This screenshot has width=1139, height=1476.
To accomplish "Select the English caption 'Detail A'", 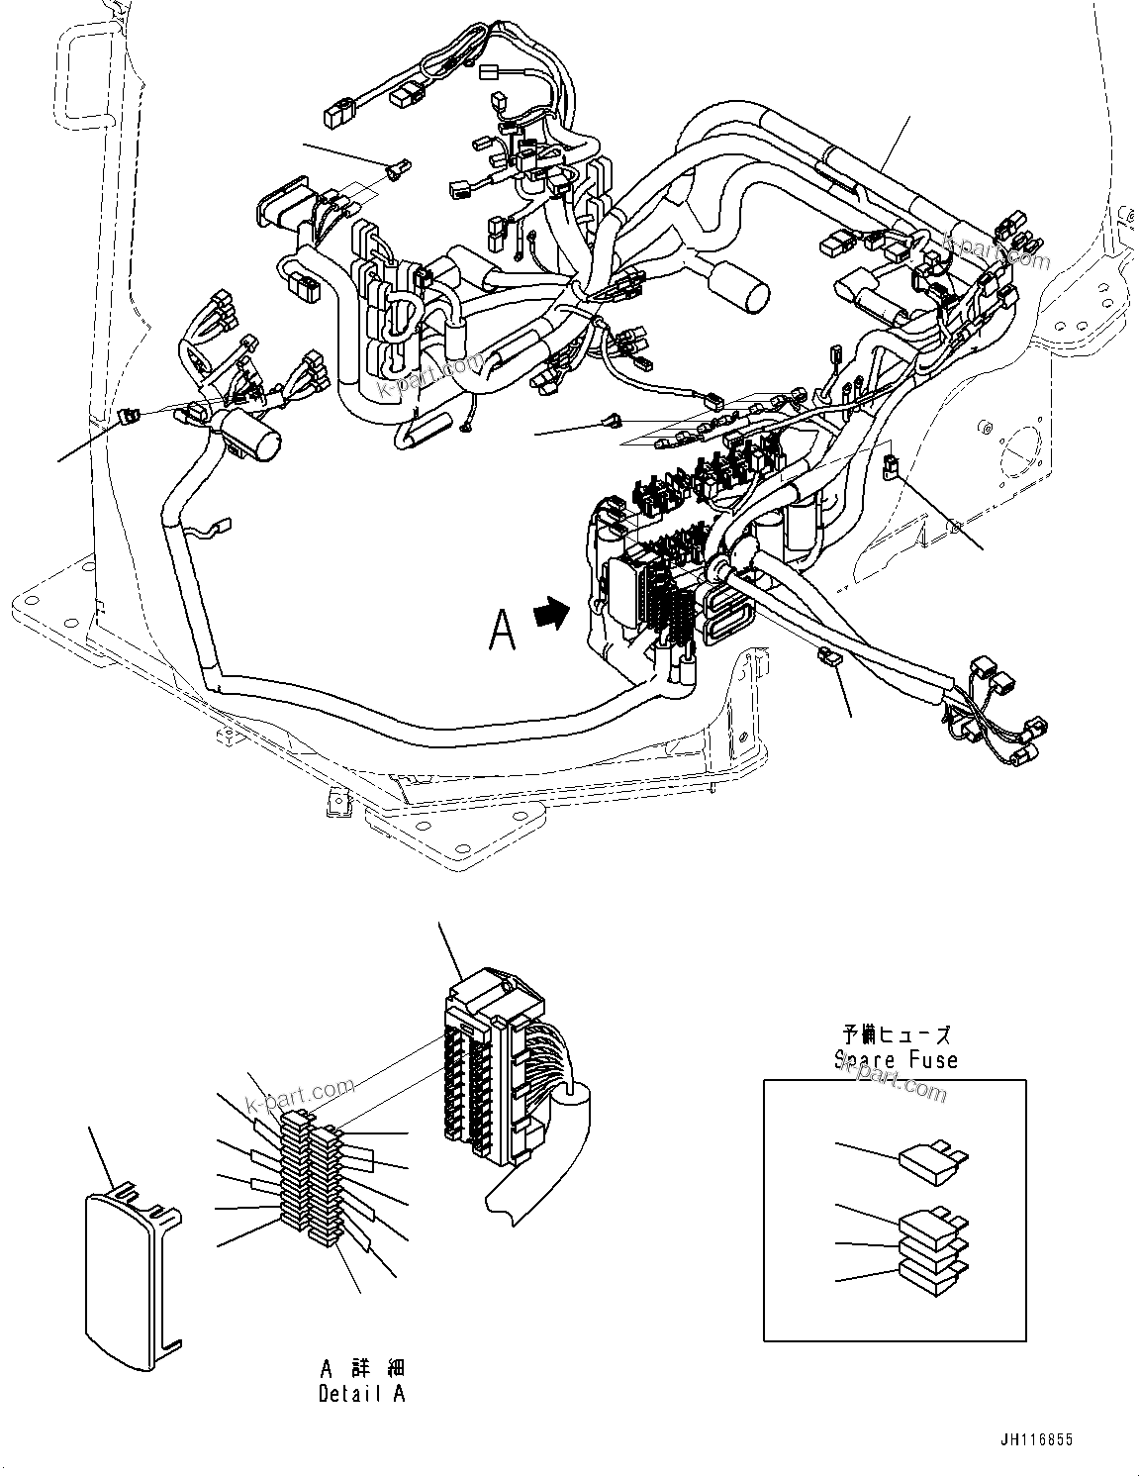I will (361, 1394).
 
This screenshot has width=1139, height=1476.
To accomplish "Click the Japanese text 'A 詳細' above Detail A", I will (362, 1369).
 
